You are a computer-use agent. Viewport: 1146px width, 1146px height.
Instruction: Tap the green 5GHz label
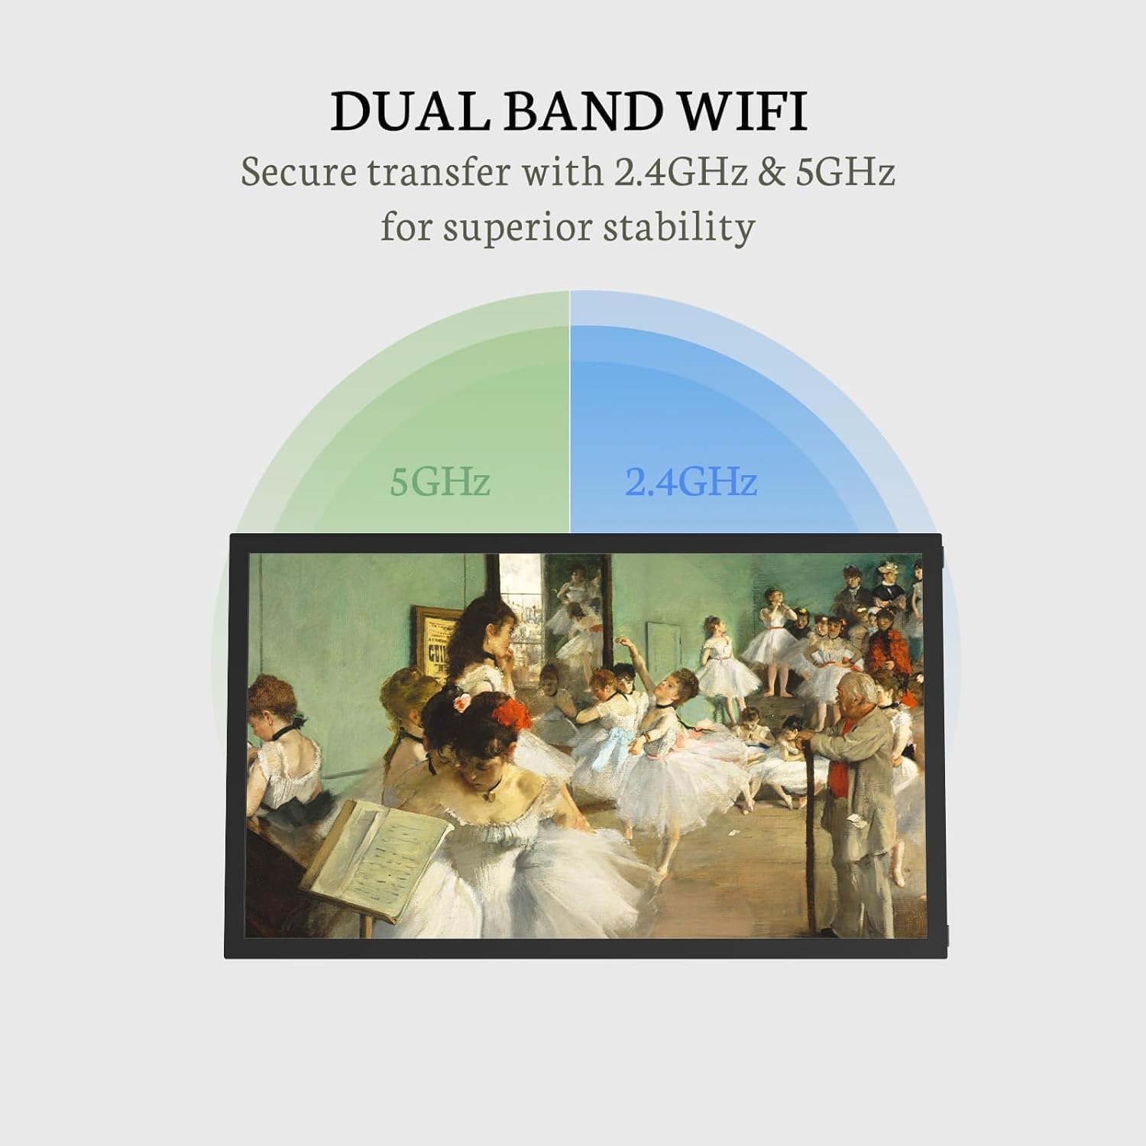[439, 481]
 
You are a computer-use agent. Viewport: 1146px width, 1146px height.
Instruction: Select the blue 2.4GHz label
[691, 481]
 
